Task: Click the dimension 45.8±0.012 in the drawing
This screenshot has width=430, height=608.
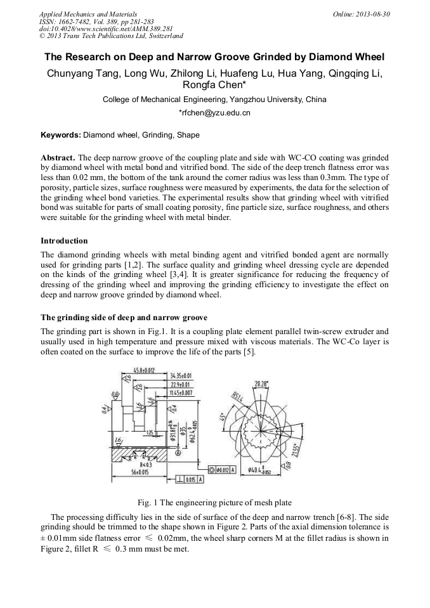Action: point(144,370)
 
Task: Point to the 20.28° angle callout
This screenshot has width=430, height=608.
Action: point(261,384)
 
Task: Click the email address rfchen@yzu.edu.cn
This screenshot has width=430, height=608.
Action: point(215,113)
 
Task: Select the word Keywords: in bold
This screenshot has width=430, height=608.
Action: point(61,135)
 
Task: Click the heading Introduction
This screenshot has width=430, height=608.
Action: point(64,241)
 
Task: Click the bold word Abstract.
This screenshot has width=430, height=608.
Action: point(58,157)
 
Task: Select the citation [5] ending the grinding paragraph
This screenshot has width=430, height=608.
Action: point(250,352)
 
